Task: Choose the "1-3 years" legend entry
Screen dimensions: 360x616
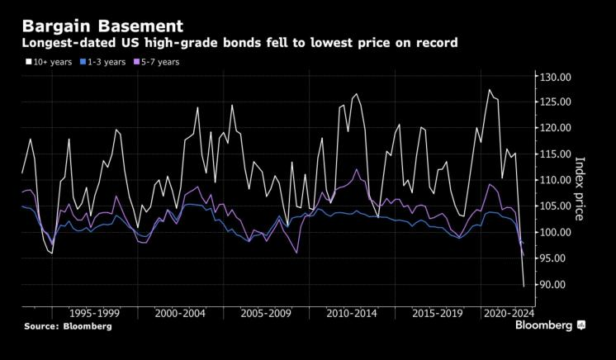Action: tap(107, 61)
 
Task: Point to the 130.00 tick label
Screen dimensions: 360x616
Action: tap(554, 77)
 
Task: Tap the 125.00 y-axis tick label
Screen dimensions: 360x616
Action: tap(554, 102)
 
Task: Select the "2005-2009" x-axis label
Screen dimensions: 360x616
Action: tap(266, 314)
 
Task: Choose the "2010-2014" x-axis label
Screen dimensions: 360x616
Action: tap(353, 314)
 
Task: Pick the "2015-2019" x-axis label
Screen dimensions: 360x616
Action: tap(438, 314)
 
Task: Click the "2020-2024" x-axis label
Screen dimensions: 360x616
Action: tap(509, 314)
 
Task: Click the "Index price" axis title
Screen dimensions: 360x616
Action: tap(580, 188)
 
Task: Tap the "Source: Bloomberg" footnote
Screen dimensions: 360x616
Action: tap(68, 327)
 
